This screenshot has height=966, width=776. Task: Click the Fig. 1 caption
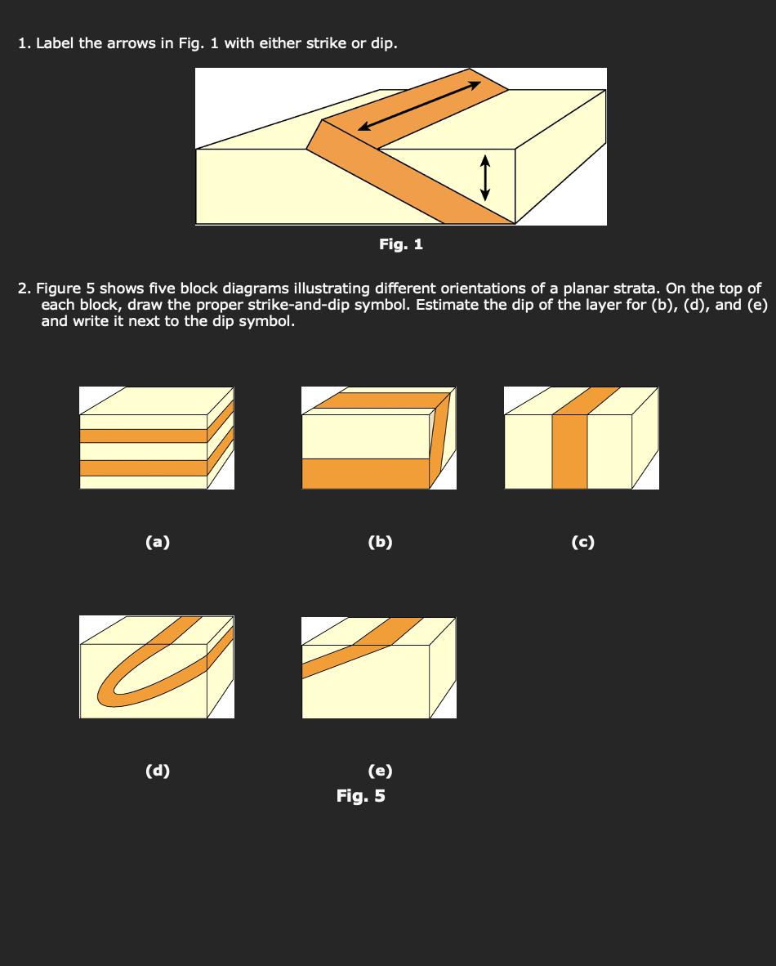pos(401,244)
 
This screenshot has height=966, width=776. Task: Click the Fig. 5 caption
pos(361,796)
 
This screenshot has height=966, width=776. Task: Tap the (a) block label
pos(158,542)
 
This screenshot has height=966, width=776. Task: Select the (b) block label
pos(380,542)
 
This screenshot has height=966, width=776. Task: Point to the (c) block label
pos(582,542)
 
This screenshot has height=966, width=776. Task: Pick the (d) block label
pos(158,771)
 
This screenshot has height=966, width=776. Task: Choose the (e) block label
pos(380,771)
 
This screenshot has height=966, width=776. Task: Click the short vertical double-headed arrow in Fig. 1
pos(485,177)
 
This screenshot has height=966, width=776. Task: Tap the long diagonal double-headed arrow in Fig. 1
pos(419,106)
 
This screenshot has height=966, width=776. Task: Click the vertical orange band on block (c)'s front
pos(569,452)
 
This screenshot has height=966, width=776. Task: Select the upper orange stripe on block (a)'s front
pos(144,436)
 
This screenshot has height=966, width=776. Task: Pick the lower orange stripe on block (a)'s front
pos(144,468)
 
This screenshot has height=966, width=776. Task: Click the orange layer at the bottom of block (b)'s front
pos(365,474)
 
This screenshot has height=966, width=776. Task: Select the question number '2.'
pos(24,288)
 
